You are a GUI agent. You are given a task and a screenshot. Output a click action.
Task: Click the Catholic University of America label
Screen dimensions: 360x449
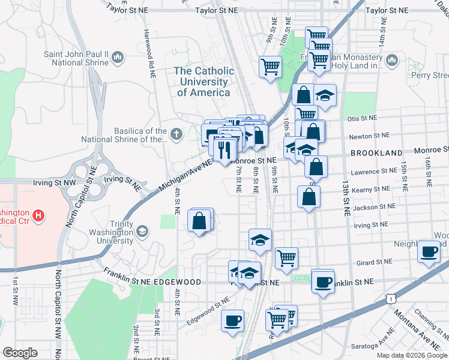pos(203,82)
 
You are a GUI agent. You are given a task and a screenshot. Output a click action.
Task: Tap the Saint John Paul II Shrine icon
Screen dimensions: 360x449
pos(118,58)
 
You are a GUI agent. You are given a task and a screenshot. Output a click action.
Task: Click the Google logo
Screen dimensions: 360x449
pos(20,353)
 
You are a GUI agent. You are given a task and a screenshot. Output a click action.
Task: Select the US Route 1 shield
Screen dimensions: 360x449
pos(391,298)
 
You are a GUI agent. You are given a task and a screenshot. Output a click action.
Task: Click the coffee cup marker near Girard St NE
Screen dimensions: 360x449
pos(430,252)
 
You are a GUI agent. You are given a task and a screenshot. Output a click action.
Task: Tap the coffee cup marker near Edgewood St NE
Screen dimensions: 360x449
pos(232,320)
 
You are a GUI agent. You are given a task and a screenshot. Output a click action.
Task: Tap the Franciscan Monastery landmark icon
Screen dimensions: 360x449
pos(393,60)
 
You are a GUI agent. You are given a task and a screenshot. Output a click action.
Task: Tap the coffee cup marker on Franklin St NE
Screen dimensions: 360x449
pos(323,281)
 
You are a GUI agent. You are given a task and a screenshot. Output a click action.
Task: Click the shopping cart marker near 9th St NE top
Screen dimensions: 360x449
pos(270,67)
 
